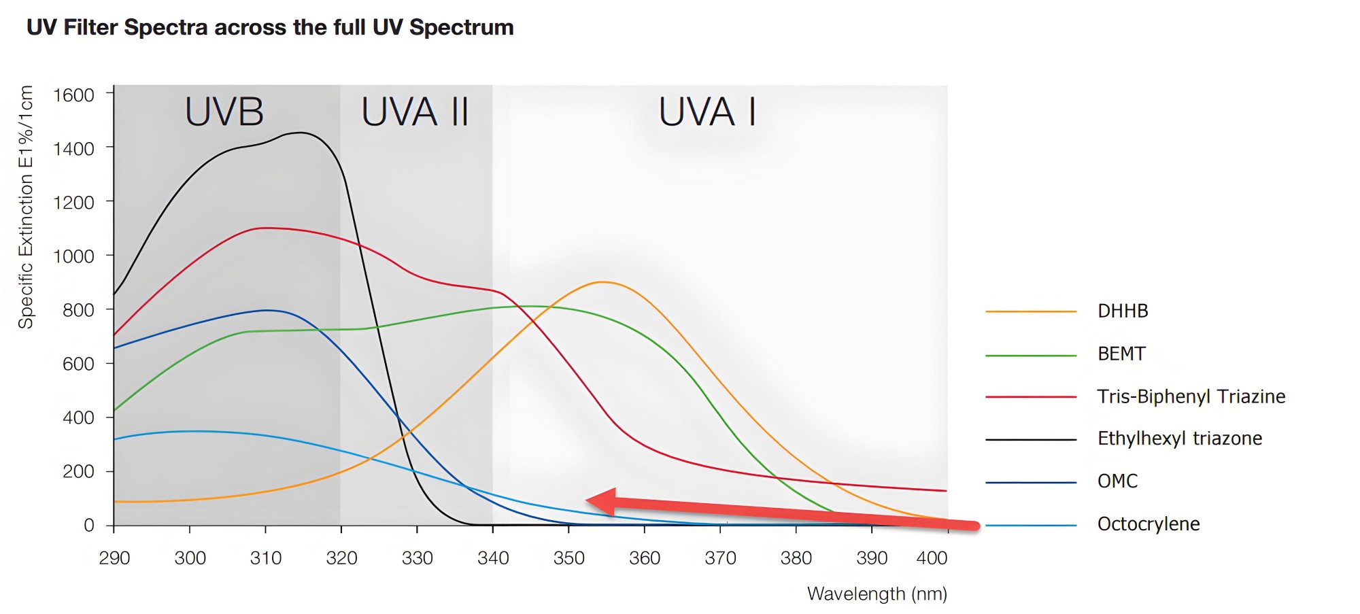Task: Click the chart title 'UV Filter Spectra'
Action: (x=270, y=27)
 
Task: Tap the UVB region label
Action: (x=224, y=112)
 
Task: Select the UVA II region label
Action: (x=415, y=112)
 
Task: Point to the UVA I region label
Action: (x=707, y=112)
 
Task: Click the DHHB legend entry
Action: (x=1122, y=311)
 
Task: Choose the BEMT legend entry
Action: (x=1121, y=354)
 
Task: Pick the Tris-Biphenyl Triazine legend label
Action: (x=1191, y=396)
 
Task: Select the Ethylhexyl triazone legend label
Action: (x=1179, y=439)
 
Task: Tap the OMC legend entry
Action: (x=1117, y=481)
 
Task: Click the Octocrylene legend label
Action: (x=1148, y=524)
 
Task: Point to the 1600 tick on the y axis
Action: (x=73, y=95)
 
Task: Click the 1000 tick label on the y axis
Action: (x=73, y=256)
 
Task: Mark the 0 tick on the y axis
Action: (x=88, y=525)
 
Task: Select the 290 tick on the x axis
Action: (x=114, y=558)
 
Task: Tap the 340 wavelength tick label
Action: (x=493, y=558)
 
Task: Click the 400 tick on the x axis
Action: (x=932, y=558)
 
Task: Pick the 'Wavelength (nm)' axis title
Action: (x=877, y=594)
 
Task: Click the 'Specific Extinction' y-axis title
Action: (x=26, y=207)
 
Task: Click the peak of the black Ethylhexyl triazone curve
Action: (x=300, y=133)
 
